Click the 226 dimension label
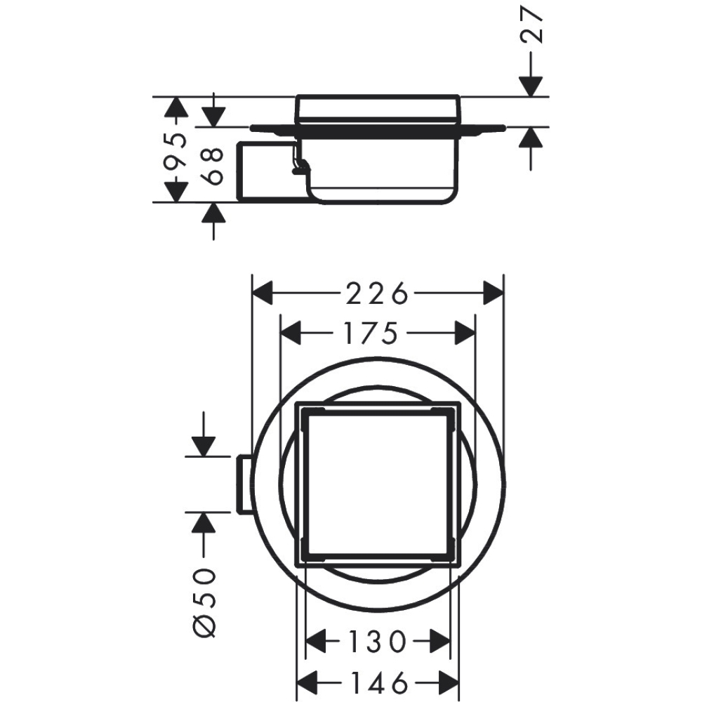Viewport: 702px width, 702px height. click(x=378, y=293)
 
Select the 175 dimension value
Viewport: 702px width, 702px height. click(x=370, y=333)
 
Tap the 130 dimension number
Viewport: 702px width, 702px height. click(x=378, y=642)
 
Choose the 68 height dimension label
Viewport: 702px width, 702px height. click(x=212, y=166)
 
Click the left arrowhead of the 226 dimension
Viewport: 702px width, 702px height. click(x=263, y=293)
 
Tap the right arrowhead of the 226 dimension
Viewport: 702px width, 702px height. click(x=494, y=293)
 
